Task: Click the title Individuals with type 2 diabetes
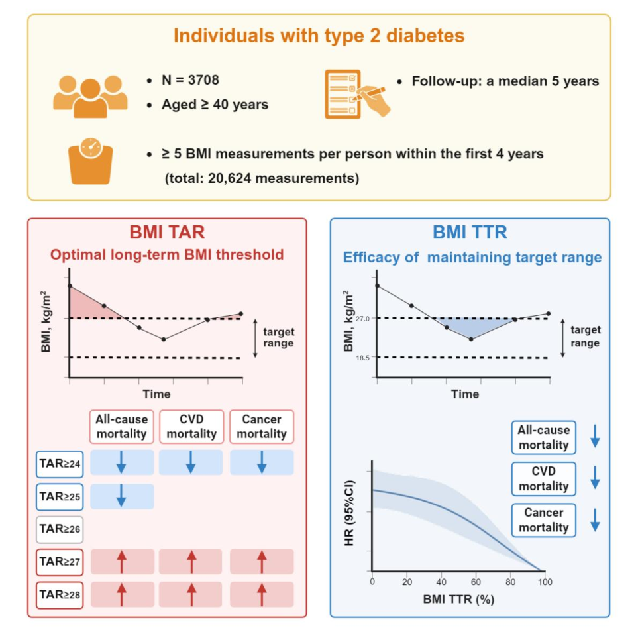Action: point(319,36)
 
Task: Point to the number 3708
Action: point(199,81)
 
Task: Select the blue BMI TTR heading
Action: point(470,234)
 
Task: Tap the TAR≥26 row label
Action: point(60,529)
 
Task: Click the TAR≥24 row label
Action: point(60,464)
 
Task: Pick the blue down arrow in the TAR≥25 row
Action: point(121,496)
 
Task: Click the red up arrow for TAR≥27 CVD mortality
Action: point(191,562)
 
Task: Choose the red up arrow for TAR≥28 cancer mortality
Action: point(262,594)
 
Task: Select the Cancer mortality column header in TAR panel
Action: point(262,426)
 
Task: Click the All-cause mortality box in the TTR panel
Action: point(543,437)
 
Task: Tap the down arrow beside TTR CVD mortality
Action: point(594,478)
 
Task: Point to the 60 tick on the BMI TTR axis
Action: point(476,582)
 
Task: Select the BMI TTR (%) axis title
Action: point(459,599)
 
